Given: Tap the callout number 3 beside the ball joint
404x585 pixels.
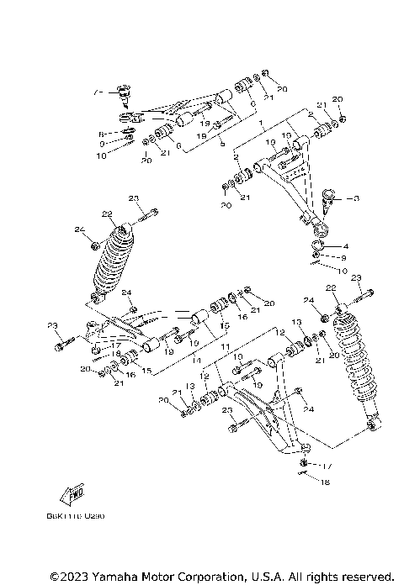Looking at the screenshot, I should pos(357,198).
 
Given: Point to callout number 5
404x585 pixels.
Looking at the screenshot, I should pos(221,144).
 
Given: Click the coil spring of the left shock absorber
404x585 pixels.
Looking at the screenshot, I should pos(113,261).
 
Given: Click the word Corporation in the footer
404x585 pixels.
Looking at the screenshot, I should pos(191,577).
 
